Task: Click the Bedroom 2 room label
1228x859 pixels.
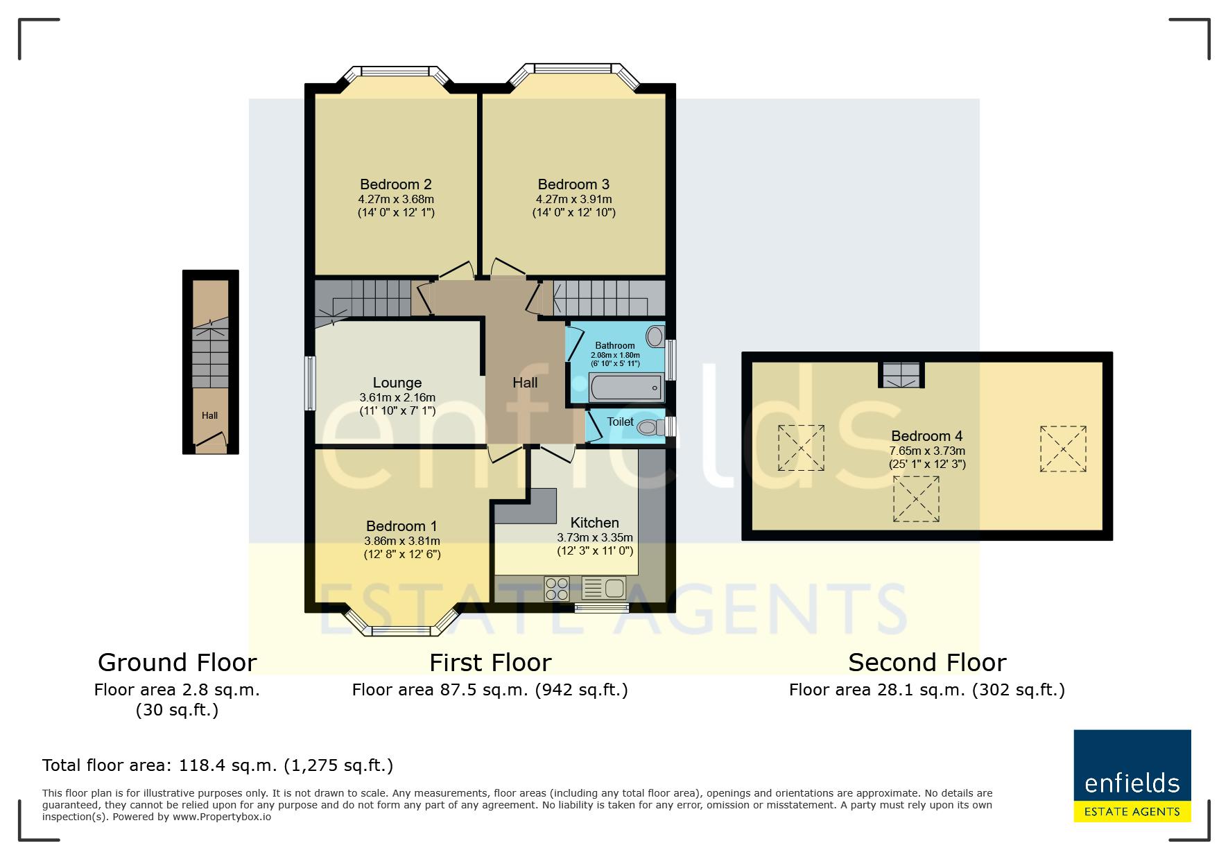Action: [395, 184]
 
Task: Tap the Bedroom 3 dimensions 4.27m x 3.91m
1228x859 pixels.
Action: [573, 200]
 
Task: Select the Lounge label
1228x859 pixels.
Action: [397, 383]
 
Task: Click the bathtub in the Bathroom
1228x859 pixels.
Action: [626, 387]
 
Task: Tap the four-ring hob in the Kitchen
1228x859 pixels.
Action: [557, 589]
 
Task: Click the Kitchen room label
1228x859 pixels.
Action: [594, 523]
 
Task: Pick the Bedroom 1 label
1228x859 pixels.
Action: [401, 526]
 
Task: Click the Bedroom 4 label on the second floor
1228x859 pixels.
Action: [926, 436]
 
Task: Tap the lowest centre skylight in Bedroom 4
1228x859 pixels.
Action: [915, 498]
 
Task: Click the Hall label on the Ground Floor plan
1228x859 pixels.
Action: [209, 416]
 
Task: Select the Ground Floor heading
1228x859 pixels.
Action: [177, 663]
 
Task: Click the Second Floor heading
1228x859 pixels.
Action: [927, 663]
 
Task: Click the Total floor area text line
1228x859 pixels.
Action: [218, 766]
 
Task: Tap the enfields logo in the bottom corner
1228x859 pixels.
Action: [1132, 776]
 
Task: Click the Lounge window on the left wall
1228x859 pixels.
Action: [311, 383]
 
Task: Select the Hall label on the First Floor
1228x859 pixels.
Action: [525, 383]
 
